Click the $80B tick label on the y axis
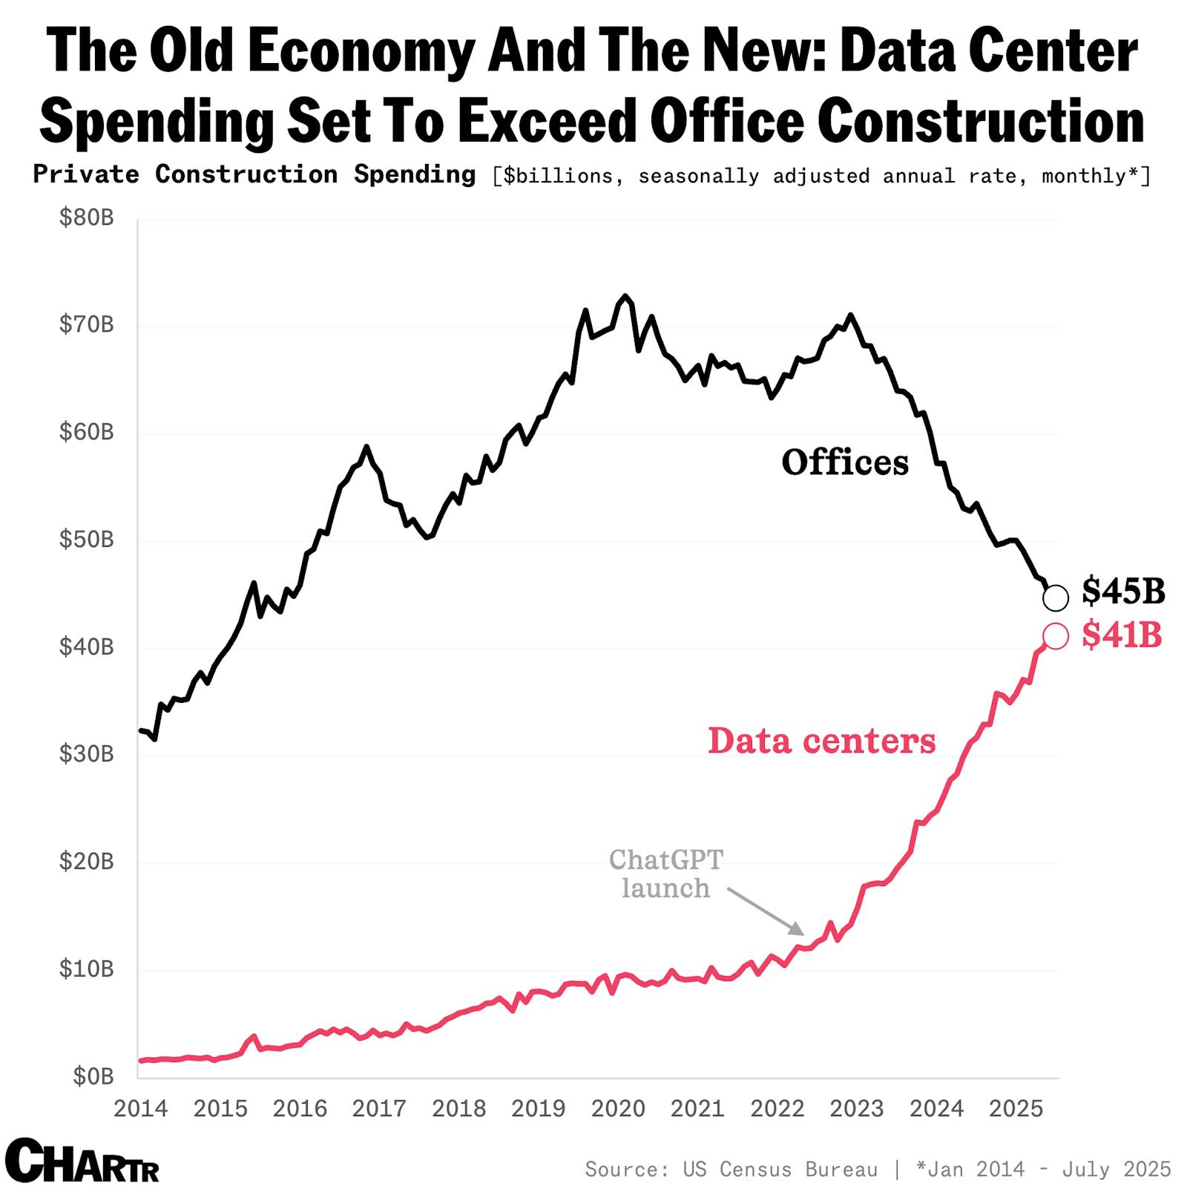(86, 218)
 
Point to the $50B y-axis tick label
(86, 540)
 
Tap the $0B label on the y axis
(93, 1076)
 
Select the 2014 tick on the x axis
(141, 1109)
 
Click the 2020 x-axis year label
(618, 1109)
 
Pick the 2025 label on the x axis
(1016, 1109)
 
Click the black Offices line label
(844, 462)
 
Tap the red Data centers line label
(821, 741)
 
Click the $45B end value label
(1123, 592)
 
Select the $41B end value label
(1121, 635)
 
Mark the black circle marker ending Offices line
(1055, 597)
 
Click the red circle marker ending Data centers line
(1055, 636)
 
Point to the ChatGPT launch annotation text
(665, 874)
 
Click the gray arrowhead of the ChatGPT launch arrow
(798, 930)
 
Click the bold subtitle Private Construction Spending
(254, 174)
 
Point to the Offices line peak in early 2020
(625, 296)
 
